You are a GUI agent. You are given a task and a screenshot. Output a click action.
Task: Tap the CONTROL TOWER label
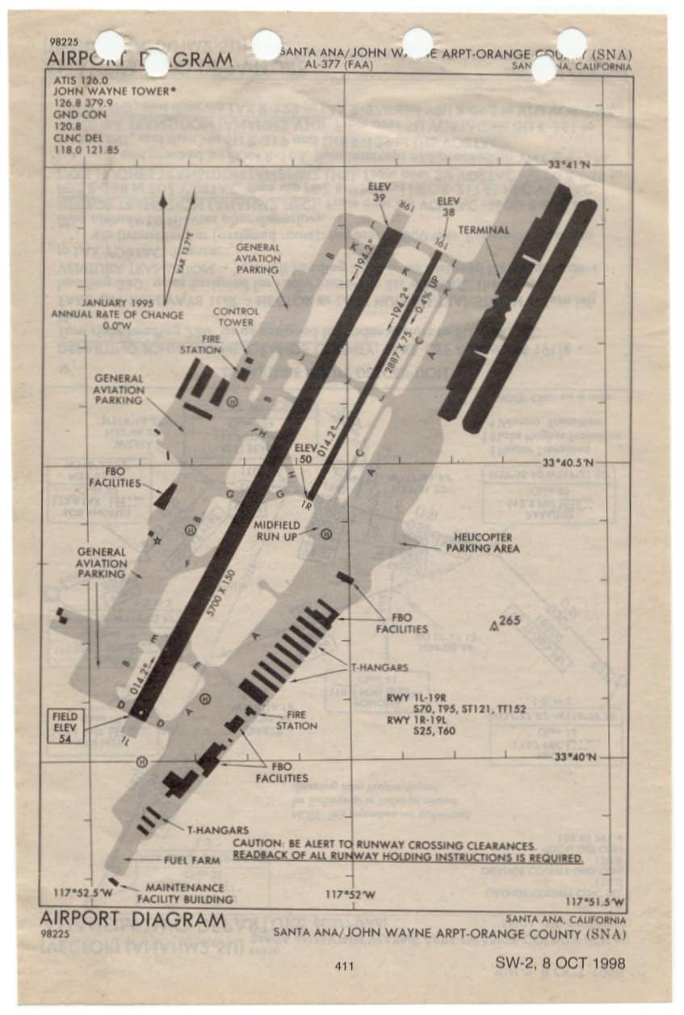pyautogui.click(x=235, y=317)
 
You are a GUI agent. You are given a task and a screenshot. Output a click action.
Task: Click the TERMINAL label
pyautogui.click(x=484, y=230)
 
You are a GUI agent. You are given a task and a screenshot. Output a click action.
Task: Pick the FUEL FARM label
pyautogui.click(x=191, y=860)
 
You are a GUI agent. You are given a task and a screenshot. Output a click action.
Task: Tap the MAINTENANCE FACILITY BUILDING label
pyautogui.click(x=185, y=893)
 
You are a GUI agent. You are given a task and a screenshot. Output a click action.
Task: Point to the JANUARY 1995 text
pyautogui.click(x=118, y=304)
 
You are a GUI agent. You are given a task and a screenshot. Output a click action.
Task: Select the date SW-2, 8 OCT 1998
pyautogui.click(x=561, y=963)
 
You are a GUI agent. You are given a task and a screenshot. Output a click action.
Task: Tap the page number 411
pyautogui.click(x=343, y=966)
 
